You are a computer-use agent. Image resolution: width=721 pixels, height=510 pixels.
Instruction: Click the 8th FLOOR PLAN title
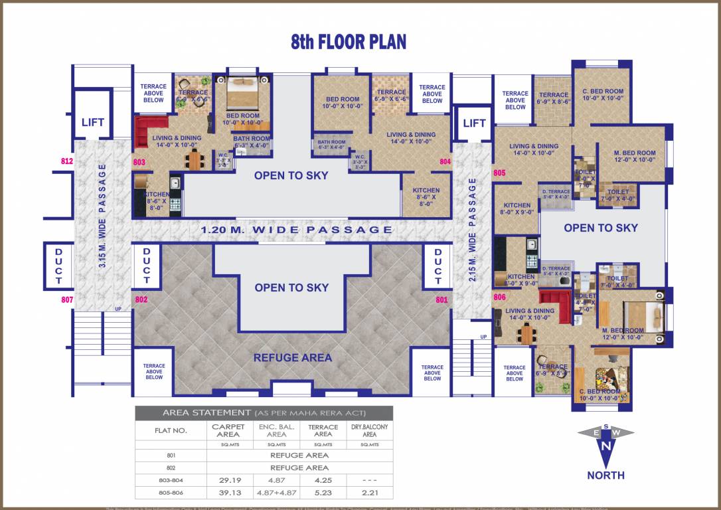point(349,42)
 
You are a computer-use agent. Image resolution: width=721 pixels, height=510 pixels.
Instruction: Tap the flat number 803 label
point(139,161)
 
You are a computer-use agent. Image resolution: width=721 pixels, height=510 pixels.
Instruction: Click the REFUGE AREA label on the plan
point(292,358)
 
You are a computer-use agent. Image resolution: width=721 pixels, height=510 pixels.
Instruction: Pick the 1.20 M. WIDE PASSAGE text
point(297,230)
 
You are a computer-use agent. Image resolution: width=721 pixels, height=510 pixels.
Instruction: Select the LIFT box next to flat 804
point(474,123)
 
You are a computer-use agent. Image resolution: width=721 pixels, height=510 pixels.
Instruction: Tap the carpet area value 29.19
point(228,479)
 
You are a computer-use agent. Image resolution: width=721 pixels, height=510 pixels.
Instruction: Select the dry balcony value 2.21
point(370,493)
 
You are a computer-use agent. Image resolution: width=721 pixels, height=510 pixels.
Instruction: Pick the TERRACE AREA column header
point(323,430)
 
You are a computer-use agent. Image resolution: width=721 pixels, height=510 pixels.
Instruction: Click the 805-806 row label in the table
point(171,493)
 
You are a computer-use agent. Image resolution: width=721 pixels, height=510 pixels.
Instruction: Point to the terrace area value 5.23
point(323,493)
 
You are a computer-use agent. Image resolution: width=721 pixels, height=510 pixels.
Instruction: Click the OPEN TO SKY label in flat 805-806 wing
point(600,228)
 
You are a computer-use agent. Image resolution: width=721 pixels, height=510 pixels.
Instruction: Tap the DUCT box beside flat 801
point(438,266)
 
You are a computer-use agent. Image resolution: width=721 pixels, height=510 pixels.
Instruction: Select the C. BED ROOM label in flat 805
point(603,95)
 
